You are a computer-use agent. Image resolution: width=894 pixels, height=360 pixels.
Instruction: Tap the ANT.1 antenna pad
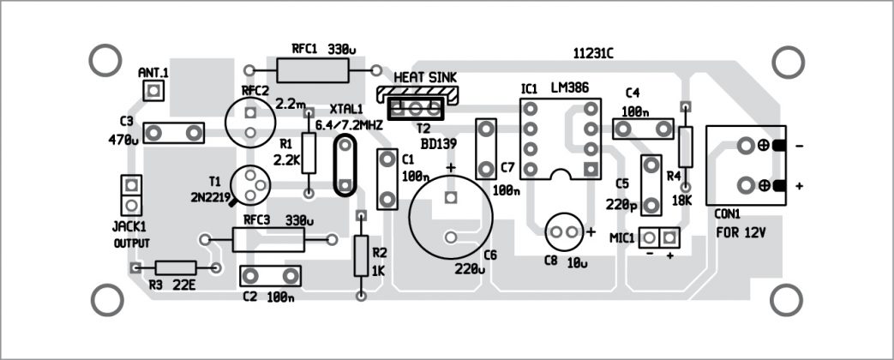coord(153,91)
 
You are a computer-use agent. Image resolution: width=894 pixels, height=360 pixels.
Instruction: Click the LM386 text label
coord(567,88)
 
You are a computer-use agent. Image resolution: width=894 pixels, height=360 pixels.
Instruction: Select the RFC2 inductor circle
coord(249,122)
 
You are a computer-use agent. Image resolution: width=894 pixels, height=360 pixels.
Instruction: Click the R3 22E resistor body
coord(176,267)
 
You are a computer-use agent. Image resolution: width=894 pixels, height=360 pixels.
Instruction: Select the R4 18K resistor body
coord(685,147)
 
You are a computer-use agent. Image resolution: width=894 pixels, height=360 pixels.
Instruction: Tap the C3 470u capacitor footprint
coord(175,132)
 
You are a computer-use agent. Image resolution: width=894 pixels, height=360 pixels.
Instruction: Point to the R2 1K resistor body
coord(361,254)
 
